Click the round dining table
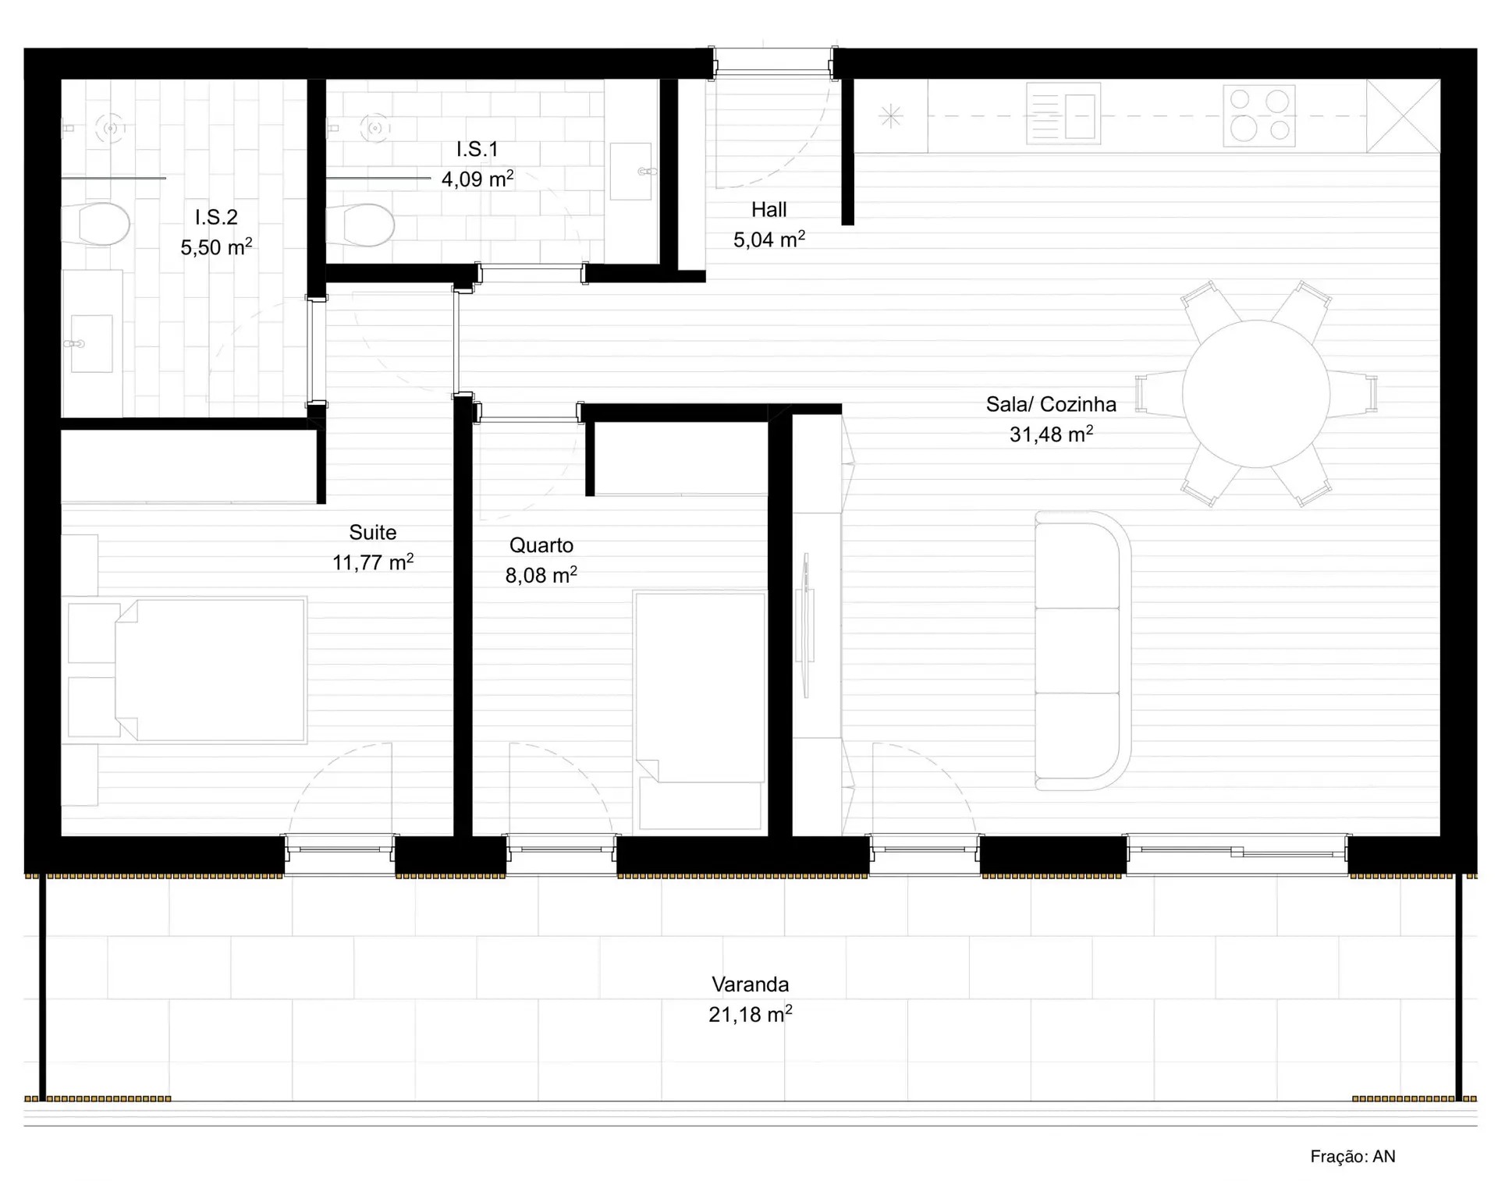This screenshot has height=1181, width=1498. [1255, 393]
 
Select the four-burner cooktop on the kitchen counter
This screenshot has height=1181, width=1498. [1258, 116]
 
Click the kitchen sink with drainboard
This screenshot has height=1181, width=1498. [1063, 116]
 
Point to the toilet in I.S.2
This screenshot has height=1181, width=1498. [98, 225]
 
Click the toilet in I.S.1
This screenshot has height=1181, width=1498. [362, 225]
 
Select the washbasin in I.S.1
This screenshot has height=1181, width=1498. [630, 171]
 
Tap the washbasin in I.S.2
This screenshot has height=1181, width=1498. [91, 343]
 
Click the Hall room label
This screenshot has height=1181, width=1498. [769, 210]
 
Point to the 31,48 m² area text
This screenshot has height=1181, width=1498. [1051, 434]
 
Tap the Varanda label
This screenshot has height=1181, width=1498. [750, 984]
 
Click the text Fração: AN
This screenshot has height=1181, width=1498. [1353, 1156]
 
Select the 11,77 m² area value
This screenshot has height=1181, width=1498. [373, 562]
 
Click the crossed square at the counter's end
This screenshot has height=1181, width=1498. [1403, 116]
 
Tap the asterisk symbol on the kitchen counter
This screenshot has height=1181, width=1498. [890, 116]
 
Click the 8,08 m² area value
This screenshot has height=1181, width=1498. [541, 575]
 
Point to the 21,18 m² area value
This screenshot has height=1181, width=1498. [750, 1014]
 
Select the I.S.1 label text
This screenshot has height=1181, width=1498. [477, 149]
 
